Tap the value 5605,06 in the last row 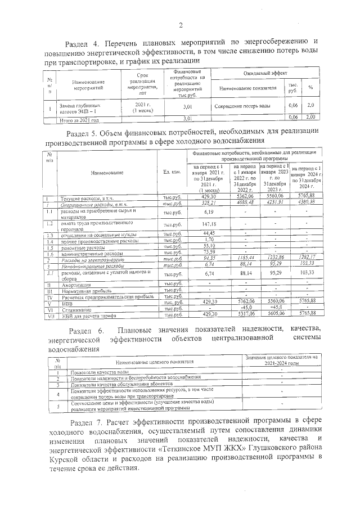pos(274,314)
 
